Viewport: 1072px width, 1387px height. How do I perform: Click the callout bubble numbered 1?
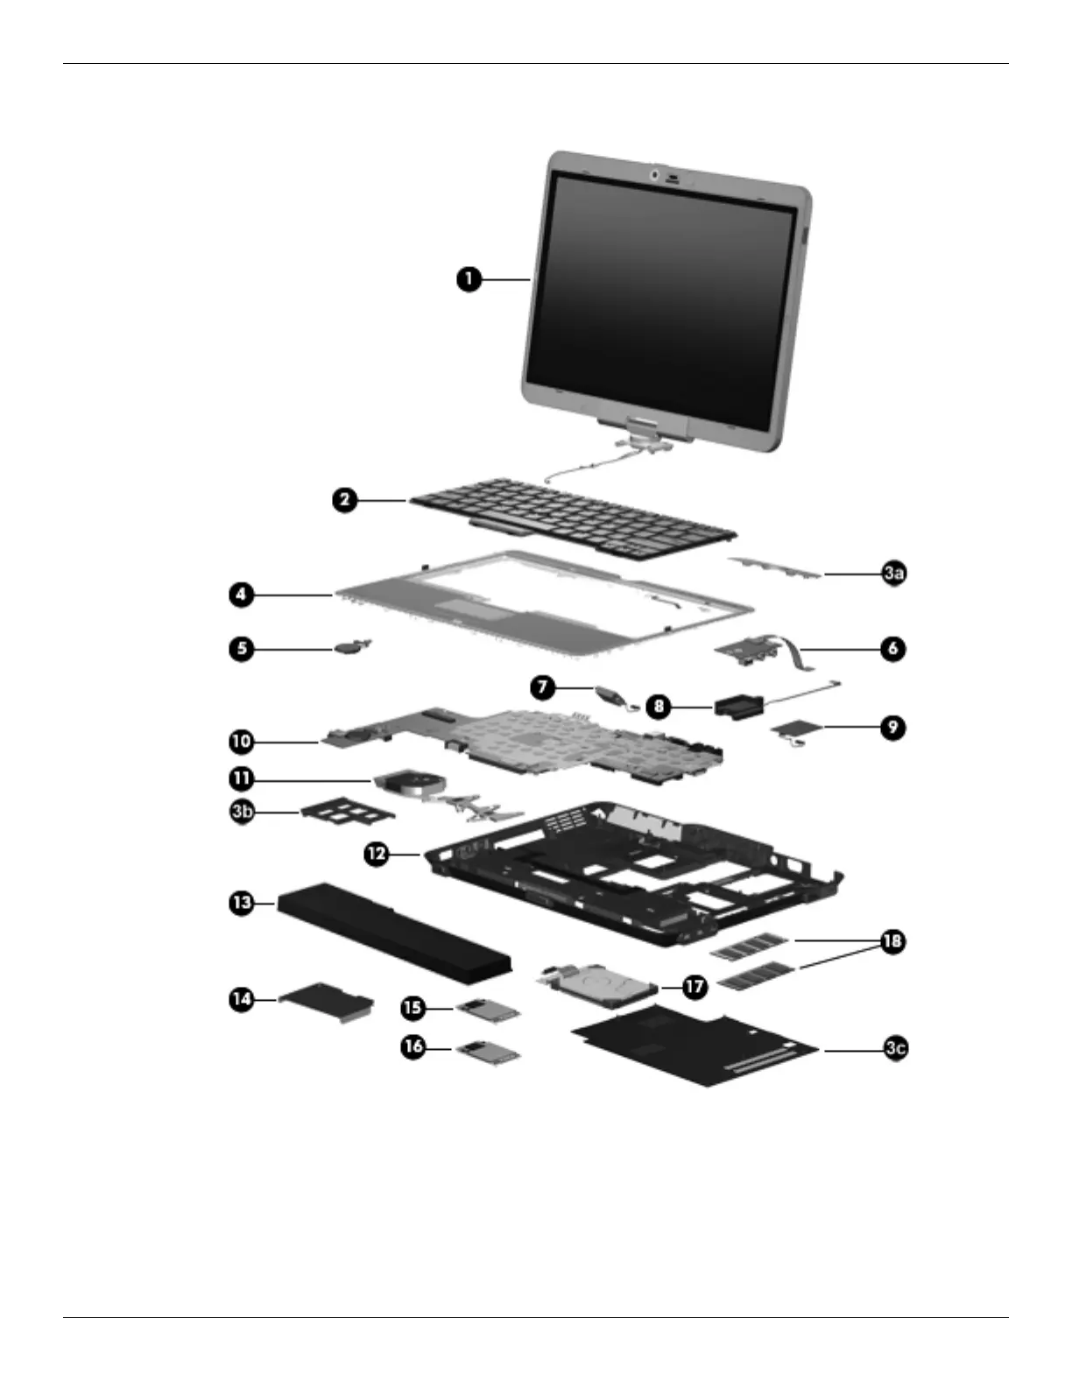click(x=469, y=279)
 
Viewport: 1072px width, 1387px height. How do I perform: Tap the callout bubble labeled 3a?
click(x=893, y=574)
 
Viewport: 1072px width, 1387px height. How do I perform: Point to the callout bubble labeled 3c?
click(x=894, y=1048)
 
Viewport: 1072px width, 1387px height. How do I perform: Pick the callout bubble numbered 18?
click(x=892, y=941)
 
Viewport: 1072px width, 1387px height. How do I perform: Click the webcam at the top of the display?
click(x=655, y=176)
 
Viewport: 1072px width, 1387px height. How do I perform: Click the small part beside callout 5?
click(x=349, y=647)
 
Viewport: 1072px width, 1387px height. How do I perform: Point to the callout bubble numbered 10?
click(x=241, y=742)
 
